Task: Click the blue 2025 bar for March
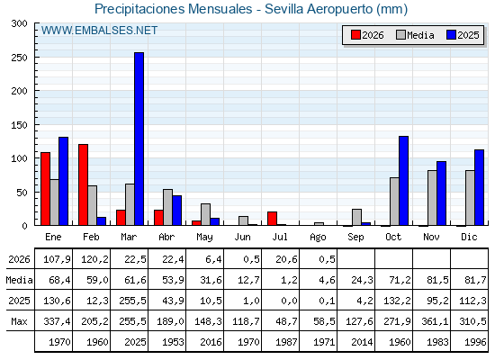pos(139,139)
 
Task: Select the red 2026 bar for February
pos(83,184)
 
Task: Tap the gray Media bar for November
pos(432,198)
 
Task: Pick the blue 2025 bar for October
pos(404,181)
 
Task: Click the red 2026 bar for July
pos(272,219)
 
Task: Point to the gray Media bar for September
pos(356,217)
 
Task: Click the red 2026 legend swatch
pos(355,35)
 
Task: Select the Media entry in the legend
pos(415,35)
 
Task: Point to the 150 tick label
pos(19,125)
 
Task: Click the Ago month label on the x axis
pos(318,238)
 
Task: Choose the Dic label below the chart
pos(469,237)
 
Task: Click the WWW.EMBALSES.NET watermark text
pos(99,31)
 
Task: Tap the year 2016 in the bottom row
pos(211,342)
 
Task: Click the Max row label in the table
pos(19,321)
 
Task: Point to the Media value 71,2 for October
pos(400,280)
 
